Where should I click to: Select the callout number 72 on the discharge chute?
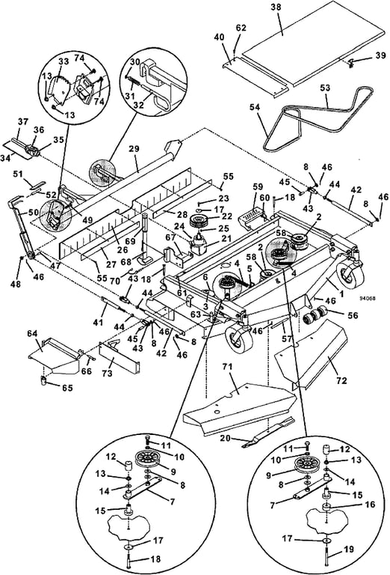click(341, 380)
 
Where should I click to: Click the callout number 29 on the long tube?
click(134, 149)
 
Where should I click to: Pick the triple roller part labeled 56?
click(316, 313)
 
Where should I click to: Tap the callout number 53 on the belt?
click(325, 88)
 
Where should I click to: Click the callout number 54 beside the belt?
click(255, 108)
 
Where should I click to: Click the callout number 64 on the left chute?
click(32, 334)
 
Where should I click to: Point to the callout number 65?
click(67, 388)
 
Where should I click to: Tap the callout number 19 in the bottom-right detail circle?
click(349, 550)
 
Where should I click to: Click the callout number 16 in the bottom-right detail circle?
click(370, 505)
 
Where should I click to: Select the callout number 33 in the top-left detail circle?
click(64, 61)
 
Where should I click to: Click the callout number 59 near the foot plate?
click(258, 186)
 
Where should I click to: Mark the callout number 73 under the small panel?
click(107, 374)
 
